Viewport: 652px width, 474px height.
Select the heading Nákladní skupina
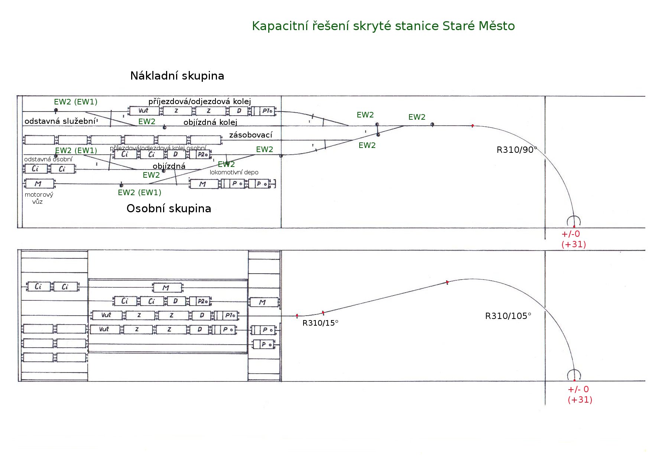pos(177,76)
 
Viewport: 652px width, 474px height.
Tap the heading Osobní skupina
pos(169,209)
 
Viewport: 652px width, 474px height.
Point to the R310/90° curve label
pos(517,150)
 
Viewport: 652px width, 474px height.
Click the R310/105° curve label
pos(508,316)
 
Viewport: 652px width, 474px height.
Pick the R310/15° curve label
pos(320,323)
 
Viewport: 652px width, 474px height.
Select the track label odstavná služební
pos(60,121)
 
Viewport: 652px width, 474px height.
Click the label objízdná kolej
pos(210,122)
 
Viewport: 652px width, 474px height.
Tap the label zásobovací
pos(251,135)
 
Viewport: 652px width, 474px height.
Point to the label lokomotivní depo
pos(234,172)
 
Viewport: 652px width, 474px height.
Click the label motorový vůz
pos(39,198)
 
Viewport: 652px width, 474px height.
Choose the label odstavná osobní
pos(48,159)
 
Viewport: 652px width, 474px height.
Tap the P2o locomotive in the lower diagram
pos(202,301)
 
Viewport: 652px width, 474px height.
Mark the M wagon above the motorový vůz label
pos(39,184)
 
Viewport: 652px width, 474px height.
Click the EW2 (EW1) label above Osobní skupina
pos(139,193)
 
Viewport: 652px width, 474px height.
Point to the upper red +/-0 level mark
pos(571,234)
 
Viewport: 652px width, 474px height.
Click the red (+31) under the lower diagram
pos(580,400)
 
